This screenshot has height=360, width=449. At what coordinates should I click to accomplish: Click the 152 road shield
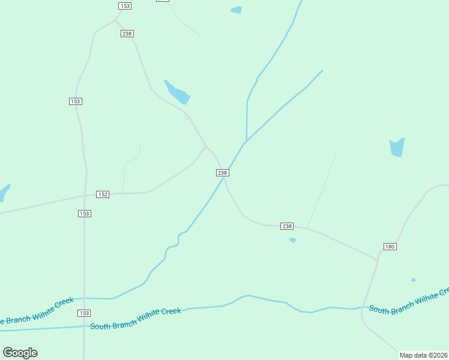[103, 194]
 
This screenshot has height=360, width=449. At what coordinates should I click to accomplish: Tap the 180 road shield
[390, 247]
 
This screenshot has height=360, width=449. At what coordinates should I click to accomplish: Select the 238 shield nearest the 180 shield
[287, 226]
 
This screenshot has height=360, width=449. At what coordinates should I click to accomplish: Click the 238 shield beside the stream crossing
[222, 173]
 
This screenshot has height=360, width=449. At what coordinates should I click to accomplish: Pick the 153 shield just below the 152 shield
[84, 214]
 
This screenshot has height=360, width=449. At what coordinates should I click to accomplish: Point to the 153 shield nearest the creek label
[84, 313]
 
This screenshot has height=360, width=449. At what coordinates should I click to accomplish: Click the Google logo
[20, 353]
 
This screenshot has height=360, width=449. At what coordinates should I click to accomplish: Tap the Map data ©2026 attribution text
[423, 355]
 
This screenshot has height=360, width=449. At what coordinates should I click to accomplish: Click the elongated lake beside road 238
[177, 92]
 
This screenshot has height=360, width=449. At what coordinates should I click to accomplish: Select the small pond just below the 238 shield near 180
[293, 240]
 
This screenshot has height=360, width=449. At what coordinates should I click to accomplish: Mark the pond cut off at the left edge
[4, 193]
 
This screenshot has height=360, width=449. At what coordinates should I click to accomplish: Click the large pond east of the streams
[397, 147]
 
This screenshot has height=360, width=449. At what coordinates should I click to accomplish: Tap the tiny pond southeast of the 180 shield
[414, 280]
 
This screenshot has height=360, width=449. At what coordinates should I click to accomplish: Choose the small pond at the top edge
[236, 10]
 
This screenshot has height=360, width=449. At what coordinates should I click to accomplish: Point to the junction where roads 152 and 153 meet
[85, 195]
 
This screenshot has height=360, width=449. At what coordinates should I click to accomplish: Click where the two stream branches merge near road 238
[246, 142]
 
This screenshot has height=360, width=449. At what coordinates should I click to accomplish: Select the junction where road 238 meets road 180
[377, 260]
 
